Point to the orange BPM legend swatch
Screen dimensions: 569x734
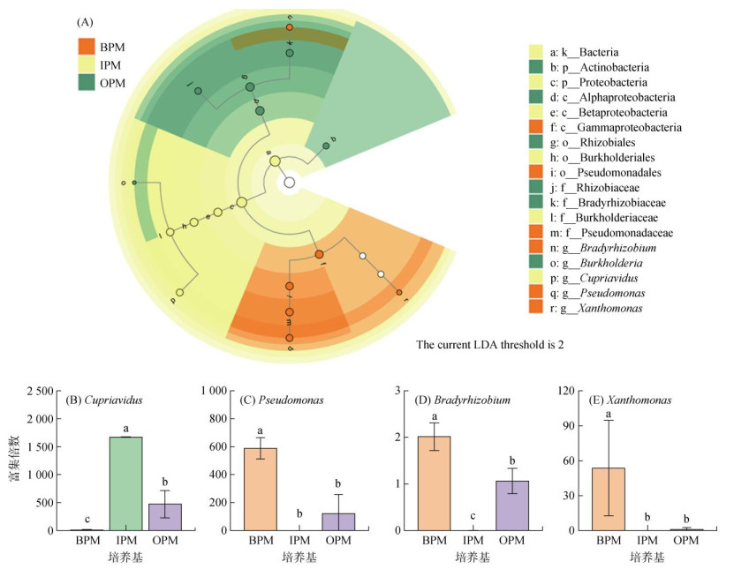pos(86,46)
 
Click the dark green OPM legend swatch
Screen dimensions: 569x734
pos(86,82)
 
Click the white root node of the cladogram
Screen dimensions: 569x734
pos(289,183)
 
